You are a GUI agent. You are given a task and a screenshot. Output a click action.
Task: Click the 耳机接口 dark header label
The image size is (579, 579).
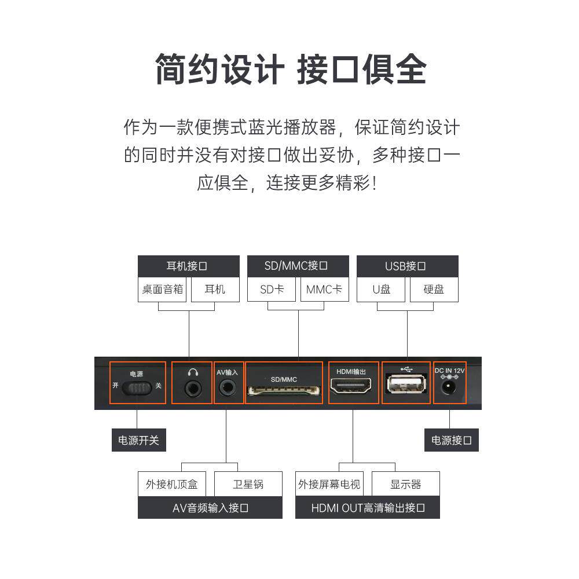[x=188, y=266]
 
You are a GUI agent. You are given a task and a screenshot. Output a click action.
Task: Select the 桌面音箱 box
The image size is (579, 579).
[x=163, y=289]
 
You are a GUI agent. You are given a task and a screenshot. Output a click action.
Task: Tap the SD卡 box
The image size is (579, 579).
[x=272, y=289]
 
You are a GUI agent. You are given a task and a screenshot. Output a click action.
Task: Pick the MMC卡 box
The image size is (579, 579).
[x=324, y=289]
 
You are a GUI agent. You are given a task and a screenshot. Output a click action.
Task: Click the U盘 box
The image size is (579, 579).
[x=382, y=289]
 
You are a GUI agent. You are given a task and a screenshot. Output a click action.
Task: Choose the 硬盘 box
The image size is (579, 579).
[x=434, y=289]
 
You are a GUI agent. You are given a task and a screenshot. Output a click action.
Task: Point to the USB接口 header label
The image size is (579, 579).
[x=407, y=266]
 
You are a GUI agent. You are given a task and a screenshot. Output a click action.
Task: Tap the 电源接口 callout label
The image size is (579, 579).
[x=451, y=440]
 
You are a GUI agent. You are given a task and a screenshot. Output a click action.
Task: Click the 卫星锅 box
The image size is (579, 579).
[x=248, y=484]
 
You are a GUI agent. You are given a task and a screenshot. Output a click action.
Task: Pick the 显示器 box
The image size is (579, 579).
[x=405, y=484]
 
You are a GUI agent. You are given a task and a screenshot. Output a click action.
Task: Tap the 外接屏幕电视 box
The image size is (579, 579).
[x=329, y=484]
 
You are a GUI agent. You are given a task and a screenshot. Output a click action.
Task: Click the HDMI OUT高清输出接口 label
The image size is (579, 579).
[x=368, y=508]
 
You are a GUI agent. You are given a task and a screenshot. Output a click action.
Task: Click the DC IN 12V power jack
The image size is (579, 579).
[x=449, y=388]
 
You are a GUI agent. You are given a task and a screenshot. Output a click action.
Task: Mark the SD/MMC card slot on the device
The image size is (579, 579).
[x=284, y=391]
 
